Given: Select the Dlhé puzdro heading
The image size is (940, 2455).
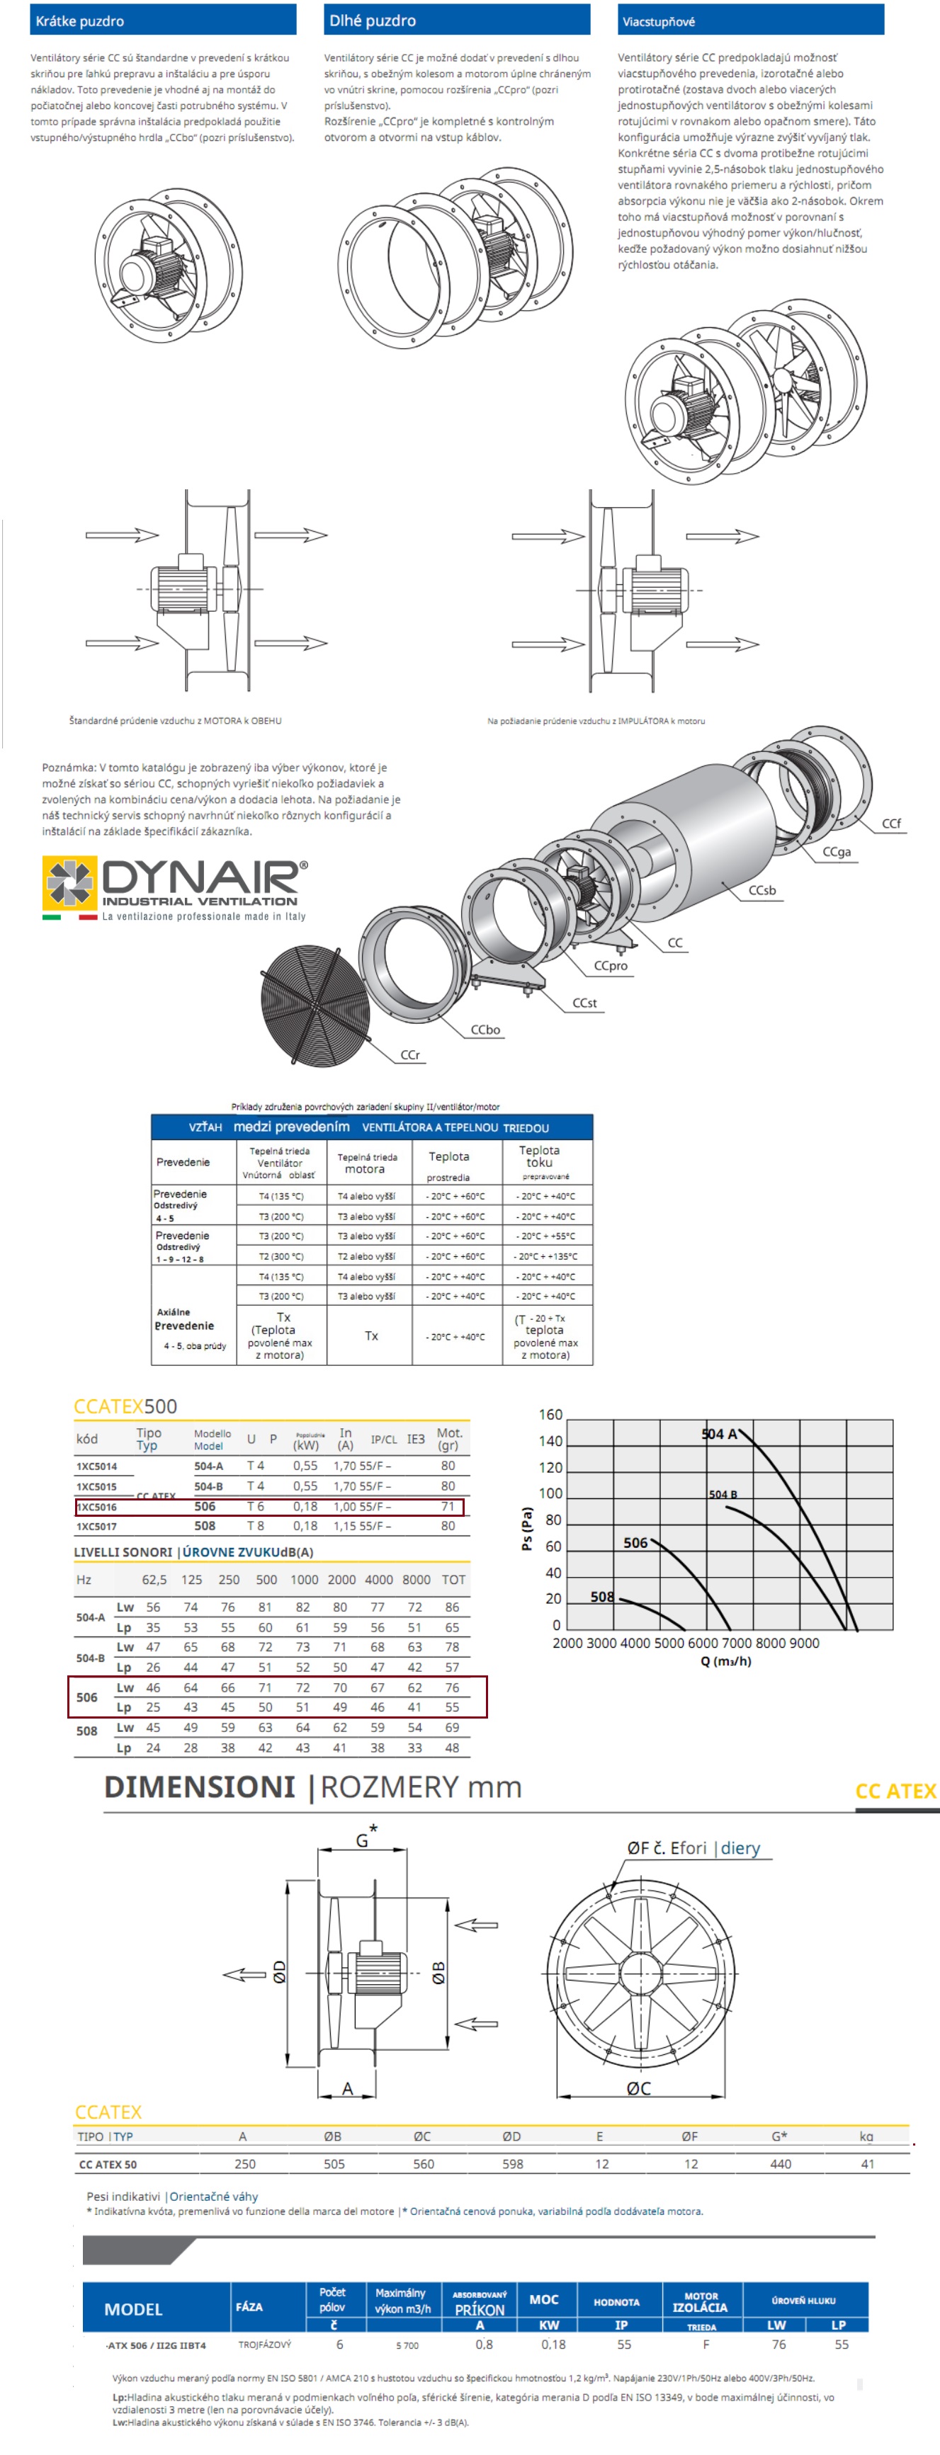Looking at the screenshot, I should (372, 20).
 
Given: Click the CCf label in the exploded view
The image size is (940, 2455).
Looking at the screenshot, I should (890, 824).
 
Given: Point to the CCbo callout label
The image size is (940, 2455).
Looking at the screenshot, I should (485, 1030).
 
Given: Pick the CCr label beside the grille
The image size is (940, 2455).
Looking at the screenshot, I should (410, 1055).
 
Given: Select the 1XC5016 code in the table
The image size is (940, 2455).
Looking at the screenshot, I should (97, 1507).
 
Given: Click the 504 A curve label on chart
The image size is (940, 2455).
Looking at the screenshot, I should (719, 1433).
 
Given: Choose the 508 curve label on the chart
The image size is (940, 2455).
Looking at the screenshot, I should (601, 1596).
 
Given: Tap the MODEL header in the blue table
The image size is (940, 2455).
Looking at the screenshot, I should (132, 2308).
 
